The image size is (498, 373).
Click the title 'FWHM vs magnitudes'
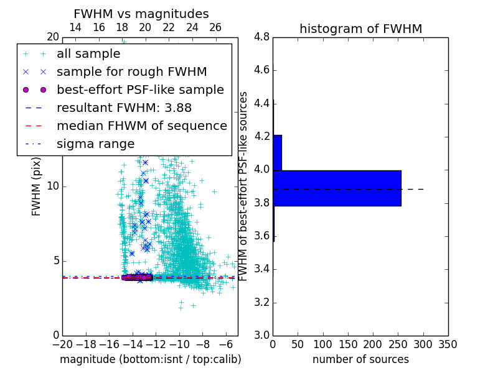[141, 14]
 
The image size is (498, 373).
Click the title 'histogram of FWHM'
[360, 29]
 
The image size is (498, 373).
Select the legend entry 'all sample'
[88, 54]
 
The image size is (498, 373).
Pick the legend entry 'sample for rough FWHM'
[131, 71]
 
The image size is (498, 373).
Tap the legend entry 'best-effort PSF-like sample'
[140, 90]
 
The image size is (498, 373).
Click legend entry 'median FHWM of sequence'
[141, 126]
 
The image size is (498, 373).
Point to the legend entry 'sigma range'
[95, 144]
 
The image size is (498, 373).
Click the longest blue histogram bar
[337, 188]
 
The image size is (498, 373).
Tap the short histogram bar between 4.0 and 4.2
[277, 152]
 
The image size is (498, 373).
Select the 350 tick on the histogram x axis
[448, 344]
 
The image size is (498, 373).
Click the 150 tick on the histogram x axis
[348, 344]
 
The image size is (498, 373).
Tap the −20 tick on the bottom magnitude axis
[62, 344]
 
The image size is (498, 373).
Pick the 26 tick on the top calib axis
[215, 27]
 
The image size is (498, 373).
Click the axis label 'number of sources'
[360, 359]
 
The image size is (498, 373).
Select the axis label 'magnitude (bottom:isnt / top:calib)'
[150, 359]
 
